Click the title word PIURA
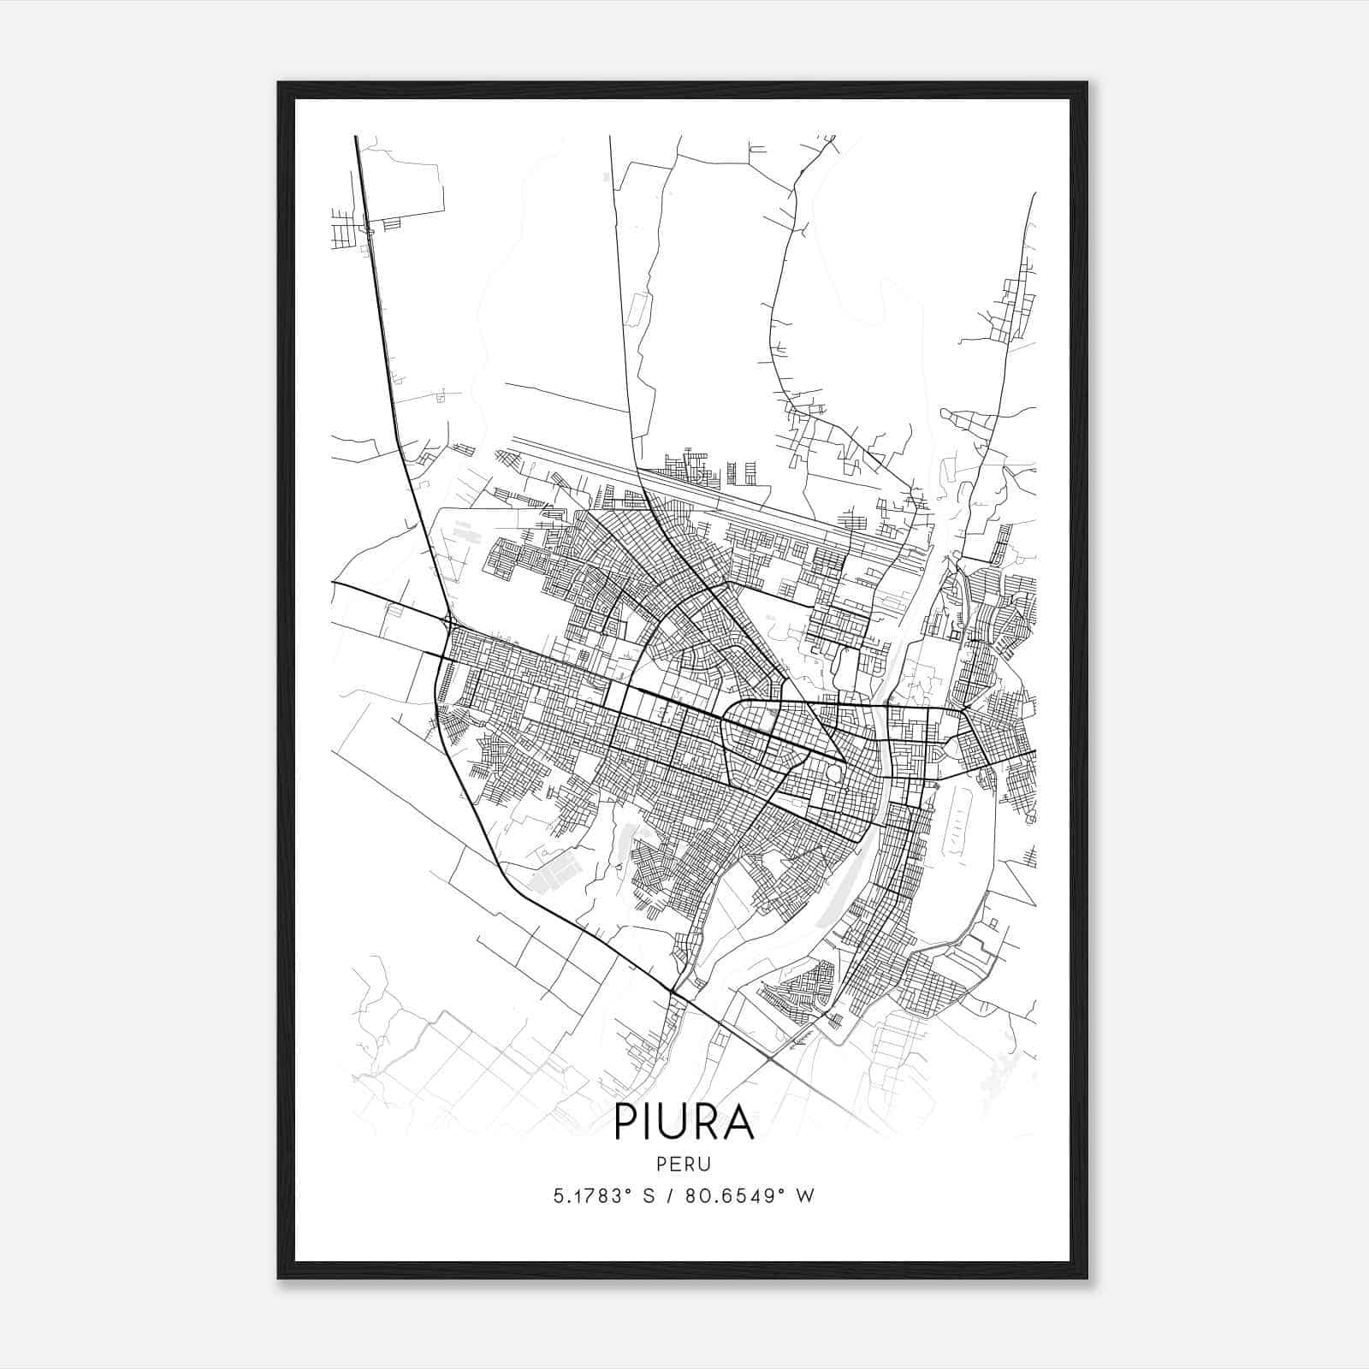(684, 1123)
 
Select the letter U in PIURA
(683, 1123)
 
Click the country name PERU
(684, 1164)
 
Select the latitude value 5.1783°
(594, 1196)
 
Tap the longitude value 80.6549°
(735, 1196)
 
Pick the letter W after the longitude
(804, 1196)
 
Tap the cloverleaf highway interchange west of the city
(447, 618)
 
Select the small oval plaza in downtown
(833, 774)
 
